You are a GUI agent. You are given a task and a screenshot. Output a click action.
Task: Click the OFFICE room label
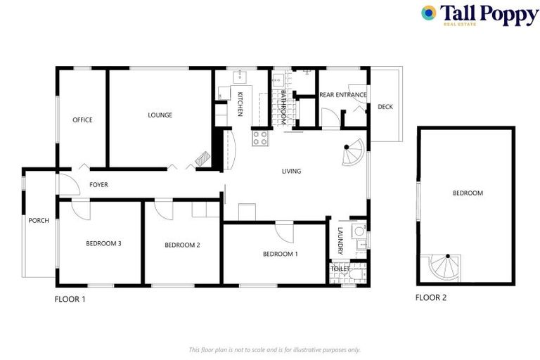(82, 120)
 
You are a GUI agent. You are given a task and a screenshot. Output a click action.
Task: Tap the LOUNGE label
(160, 115)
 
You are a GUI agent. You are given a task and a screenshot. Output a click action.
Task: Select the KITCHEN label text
(240, 104)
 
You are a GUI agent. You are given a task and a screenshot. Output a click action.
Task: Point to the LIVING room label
(291, 171)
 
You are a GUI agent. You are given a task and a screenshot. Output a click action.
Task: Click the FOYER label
(98, 185)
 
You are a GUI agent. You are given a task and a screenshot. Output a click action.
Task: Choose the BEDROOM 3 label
(104, 244)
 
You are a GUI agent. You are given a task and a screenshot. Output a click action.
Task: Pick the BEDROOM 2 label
(183, 245)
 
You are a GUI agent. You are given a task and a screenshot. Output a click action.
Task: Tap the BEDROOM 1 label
(281, 254)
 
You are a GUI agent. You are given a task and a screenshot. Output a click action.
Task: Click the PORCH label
(39, 221)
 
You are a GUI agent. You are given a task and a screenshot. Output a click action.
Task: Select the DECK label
(385, 107)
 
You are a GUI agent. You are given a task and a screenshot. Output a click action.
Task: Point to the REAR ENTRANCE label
(343, 95)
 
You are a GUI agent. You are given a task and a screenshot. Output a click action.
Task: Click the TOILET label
(340, 269)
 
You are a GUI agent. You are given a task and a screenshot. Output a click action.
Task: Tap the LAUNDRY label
(340, 240)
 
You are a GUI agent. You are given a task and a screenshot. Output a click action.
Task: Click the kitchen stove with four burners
(260, 138)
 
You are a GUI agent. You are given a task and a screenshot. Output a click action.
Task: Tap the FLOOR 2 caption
(431, 297)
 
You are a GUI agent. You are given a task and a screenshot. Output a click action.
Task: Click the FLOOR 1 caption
(70, 299)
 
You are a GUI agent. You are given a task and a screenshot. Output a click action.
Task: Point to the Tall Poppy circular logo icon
(428, 13)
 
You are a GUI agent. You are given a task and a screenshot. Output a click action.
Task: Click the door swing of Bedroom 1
(285, 231)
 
